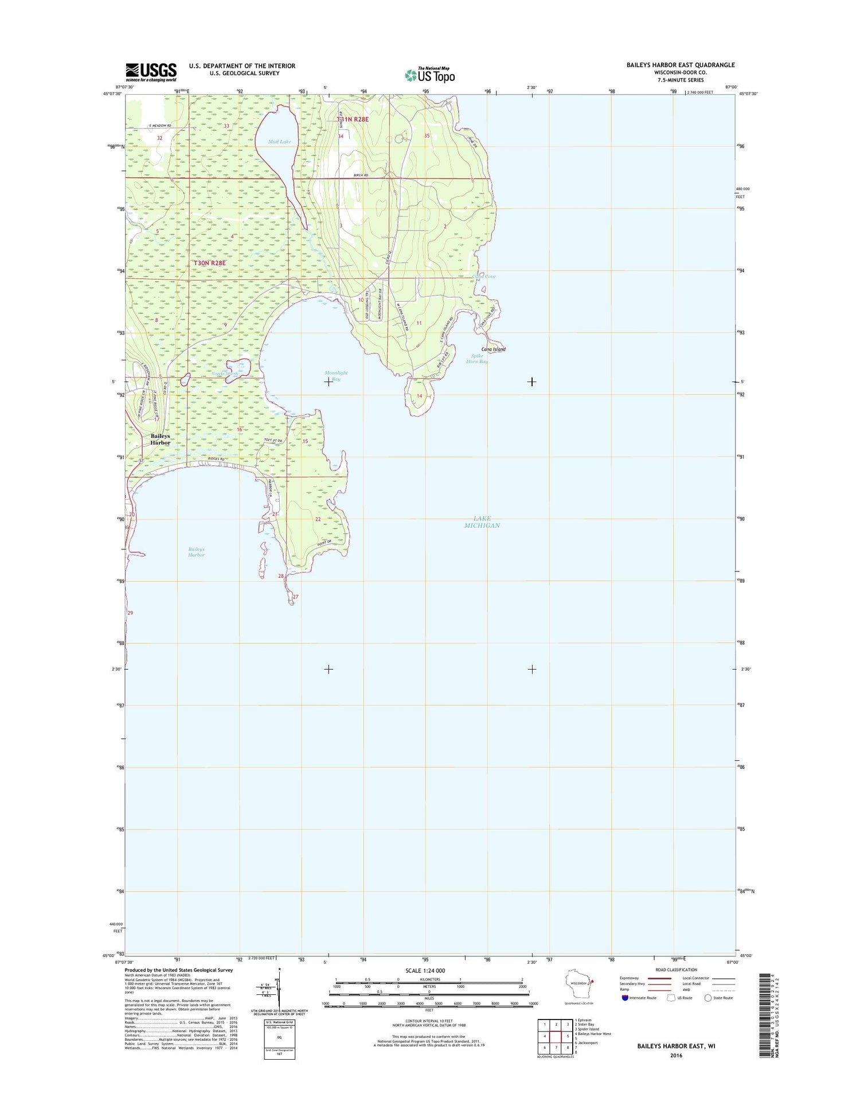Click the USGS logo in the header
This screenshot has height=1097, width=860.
pos(151,72)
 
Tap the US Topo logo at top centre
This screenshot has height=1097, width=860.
pos(430,75)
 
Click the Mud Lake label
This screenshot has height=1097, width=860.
pos(279,142)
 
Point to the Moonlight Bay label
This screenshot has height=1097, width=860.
pos(336,376)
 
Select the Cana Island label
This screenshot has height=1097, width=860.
pos(493,349)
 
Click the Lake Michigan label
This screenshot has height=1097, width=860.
pos(482,522)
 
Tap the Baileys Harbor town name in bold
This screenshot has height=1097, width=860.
pos(161,439)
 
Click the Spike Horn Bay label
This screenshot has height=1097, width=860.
pos(476,359)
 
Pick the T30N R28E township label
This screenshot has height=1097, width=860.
pos(210,263)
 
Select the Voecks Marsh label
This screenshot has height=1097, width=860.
pos(225,374)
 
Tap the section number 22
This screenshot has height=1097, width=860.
pos(318,519)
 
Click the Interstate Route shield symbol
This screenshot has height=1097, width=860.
pos(625,998)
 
